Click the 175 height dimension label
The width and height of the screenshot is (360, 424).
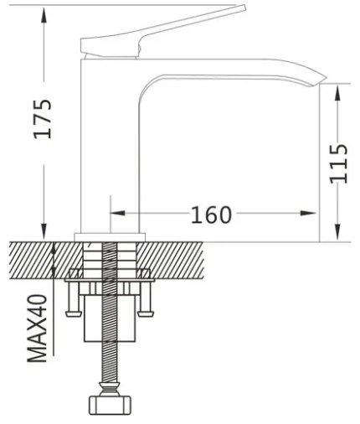point(43,119)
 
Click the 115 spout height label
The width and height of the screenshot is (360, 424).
point(339,163)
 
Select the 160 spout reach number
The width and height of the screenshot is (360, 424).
point(211,215)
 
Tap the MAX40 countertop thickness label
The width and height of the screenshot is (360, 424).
point(37,328)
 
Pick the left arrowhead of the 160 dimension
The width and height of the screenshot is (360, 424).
point(117,213)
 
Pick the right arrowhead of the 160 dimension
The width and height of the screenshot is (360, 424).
point(308,213)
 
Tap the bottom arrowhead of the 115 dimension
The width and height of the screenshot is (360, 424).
point(337,232)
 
